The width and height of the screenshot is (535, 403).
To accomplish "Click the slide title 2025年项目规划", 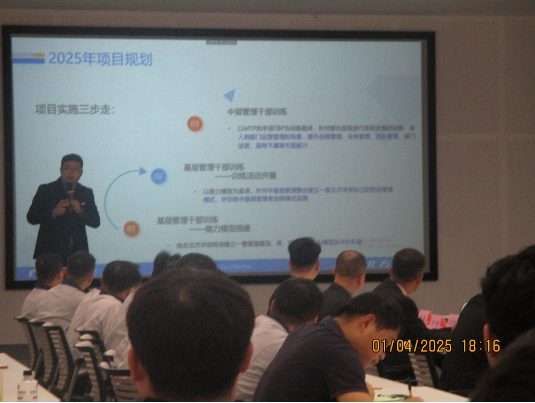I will coord(100,58).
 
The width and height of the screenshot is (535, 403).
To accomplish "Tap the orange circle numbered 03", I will coord(195,124).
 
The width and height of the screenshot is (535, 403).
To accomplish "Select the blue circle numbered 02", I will coord(159,177).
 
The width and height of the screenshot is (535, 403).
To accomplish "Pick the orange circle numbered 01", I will coord(132,229).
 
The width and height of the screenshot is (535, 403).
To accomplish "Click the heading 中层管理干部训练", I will coord(257,112).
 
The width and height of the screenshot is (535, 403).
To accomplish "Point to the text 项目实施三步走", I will coord(75,109).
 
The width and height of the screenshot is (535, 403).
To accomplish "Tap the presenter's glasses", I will coord(71,169).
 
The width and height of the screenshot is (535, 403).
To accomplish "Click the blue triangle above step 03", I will coord(229,95).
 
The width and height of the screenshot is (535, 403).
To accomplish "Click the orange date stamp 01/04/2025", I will coord(412,346).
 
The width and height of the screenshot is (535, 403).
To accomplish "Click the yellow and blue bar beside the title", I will coord(28,58).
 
